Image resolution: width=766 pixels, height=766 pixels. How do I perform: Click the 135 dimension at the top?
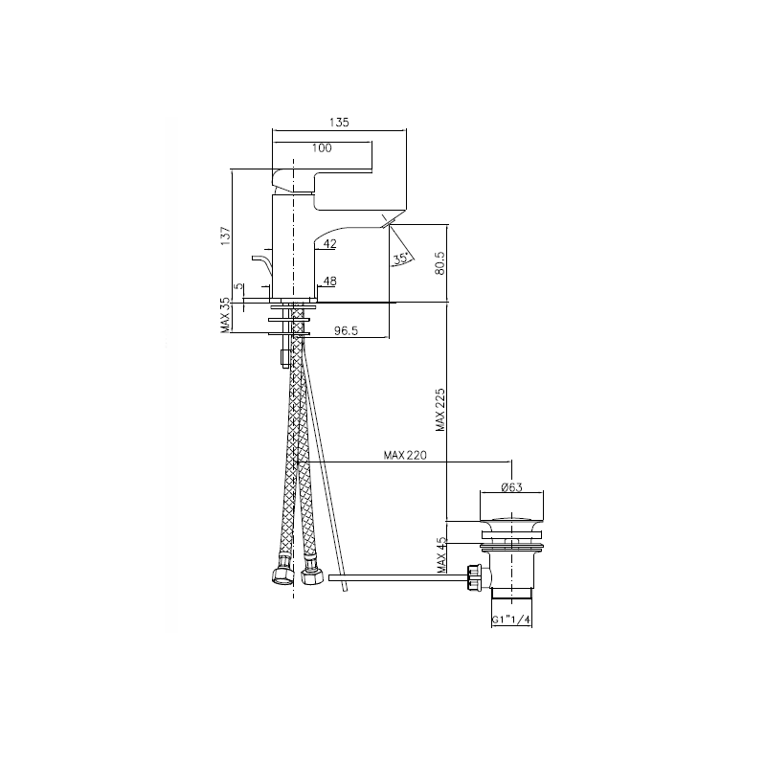click(x=339, y=123)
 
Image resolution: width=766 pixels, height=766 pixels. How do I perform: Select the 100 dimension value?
click(x=322, y=148)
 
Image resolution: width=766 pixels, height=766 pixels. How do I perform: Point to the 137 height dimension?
click(x=225, y=237)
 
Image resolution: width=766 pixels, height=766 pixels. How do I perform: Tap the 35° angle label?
click(x=401, y=259)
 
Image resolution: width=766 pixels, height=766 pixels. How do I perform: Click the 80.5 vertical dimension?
click(x=439, y=262)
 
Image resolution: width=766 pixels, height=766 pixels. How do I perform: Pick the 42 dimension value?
click(x=330, y=243)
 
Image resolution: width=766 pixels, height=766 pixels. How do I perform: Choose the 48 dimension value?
click(x=330, y=281)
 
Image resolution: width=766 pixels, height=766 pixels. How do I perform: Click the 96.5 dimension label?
click(x=346, y=331)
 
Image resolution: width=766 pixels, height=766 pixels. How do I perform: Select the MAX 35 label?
click(x=225, y=316)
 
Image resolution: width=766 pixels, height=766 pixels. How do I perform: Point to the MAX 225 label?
click(x=440, y=410)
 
